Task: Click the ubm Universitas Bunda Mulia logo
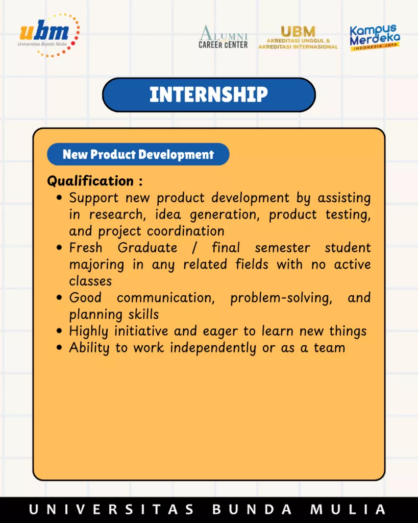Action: pyautogui.click(x=48, y=35)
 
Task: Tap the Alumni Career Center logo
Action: pyautogui.click(x=223, y=37)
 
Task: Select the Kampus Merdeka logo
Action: pyautogui.click(x=375, y=37)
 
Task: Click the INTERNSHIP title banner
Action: pyautogui.click(x=209, y=94)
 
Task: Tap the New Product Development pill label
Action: pyautogui.click(x=138, y=154)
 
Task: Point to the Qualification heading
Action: pyautogui.click(x=95, y=181)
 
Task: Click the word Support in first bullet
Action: pyautogui.click(x=94, y=198)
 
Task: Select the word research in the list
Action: pyautogui.click(x=117, y=215)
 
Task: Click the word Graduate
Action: pyautogui.click(x=147, y=248)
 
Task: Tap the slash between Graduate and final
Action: pyautogui.click(x=194, y=248)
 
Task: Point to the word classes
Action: pyautogui.click(x=90, y=281)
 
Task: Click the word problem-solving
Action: pyautogui.click(x=281, y=298)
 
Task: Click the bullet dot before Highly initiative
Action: pyautogui.click(x=59, y=331)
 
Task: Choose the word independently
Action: pyautogui.click(x=213, y=348)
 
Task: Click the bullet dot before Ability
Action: pyautogui.click(x=59, y=347)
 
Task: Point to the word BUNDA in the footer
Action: pyautogui.click(x=252, y=510)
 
